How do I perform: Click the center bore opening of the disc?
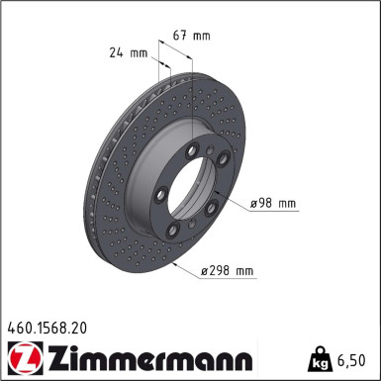(x=194, y=188)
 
